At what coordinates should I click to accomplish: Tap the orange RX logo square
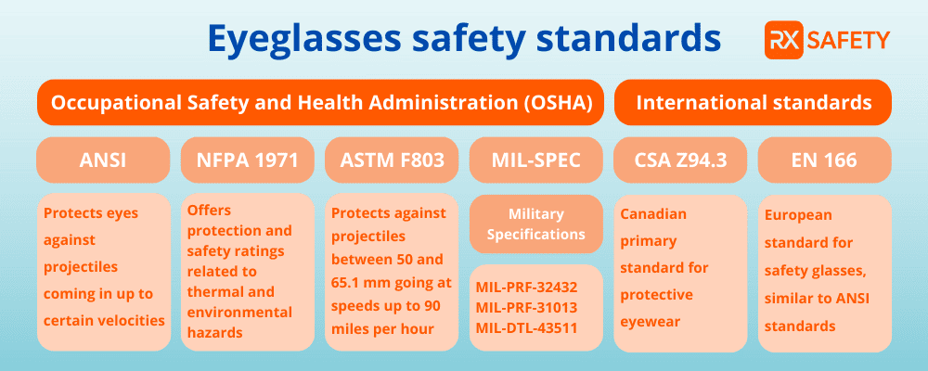click(783, 40)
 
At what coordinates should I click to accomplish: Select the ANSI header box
click(102, 160)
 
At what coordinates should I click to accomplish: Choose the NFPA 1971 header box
click(248, 160)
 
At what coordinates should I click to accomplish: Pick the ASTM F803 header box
click(392, 160)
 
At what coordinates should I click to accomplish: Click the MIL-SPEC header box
click(536, 160)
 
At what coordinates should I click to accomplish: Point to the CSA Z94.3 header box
click(680, 160)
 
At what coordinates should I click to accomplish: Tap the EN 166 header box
click(825, 160)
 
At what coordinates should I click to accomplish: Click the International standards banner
click(754, 102)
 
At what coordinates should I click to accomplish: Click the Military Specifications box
click(536, 224)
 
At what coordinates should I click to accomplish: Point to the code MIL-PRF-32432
click(526, 288)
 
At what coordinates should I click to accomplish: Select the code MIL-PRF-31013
click(526, 308)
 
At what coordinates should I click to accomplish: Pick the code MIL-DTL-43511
click(526, 327)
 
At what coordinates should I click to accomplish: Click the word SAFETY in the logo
click(848, 40)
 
